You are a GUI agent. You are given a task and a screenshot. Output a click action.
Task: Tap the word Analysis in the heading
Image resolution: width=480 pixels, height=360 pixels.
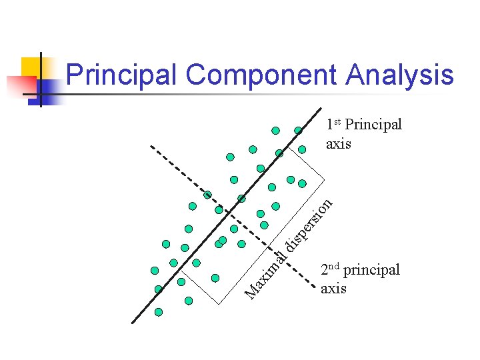[399, 75]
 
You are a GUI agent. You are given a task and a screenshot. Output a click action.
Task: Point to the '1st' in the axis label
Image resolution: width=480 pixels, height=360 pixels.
[334, 125]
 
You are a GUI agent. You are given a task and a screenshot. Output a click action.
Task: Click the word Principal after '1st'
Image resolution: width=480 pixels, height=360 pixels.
[373, 125]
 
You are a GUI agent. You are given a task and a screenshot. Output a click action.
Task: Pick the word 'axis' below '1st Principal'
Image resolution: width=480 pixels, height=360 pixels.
[338, 143]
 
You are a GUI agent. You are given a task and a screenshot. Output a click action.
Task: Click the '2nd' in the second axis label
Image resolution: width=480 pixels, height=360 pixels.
[330, 270]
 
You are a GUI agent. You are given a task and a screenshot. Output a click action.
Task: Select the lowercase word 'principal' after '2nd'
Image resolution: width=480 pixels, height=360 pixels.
[371, 271]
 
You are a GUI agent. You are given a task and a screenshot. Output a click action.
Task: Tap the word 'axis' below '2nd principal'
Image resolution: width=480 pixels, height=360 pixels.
[333, 289]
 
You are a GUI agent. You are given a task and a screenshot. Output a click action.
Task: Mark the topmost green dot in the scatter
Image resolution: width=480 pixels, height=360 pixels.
[275, 130]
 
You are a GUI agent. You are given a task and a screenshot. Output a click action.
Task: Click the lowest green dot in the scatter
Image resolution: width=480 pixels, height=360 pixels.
[159, 311]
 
